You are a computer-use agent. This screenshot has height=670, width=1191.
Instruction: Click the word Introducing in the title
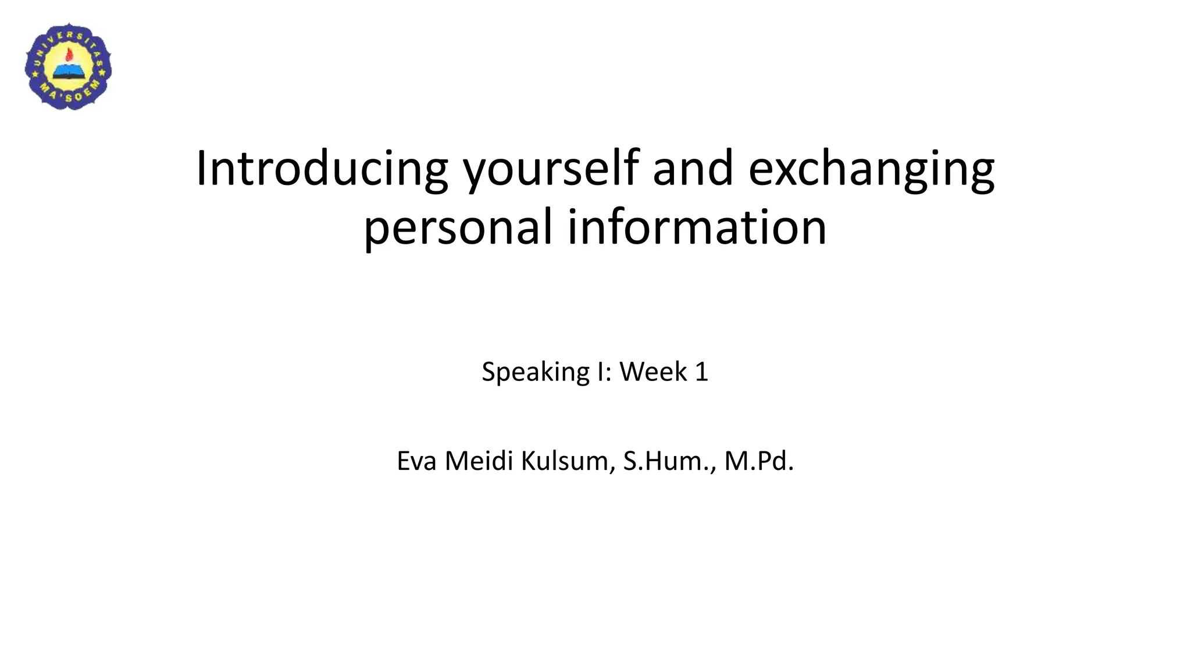(322, 169)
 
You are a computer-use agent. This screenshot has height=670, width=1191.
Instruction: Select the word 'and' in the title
(693, 169)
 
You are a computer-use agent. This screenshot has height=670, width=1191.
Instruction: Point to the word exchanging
(871, 170)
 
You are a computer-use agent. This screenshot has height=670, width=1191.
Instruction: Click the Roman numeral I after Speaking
(601, 372)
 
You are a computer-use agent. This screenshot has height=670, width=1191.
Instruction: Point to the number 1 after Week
(701, 372)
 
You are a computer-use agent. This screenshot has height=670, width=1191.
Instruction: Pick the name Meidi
(479, 461)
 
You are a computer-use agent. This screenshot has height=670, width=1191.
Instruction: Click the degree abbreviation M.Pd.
(758, 461)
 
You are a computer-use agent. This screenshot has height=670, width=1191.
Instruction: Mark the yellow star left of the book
(35, 75)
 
